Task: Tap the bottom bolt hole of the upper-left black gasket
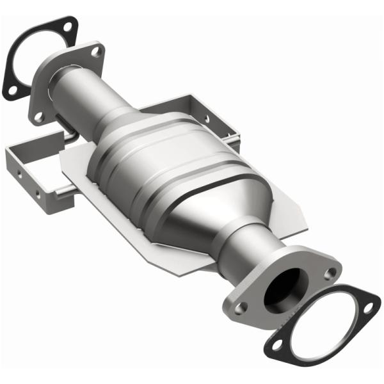point(12,90)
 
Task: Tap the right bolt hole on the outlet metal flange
point(330,273)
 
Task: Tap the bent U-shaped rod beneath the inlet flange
point(64,134)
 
